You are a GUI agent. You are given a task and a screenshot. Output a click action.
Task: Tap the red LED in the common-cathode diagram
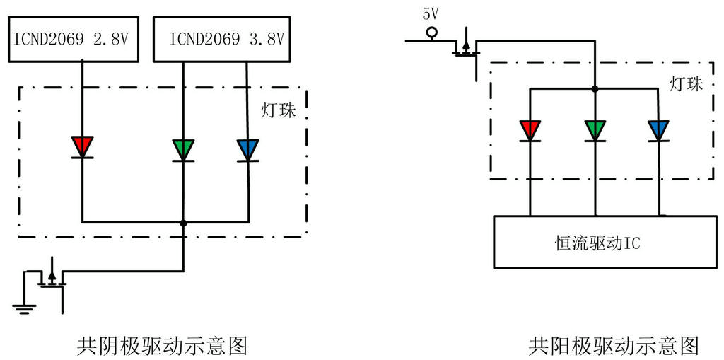[x=83, y=146]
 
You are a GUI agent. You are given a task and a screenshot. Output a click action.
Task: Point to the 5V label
[x=431, y=13]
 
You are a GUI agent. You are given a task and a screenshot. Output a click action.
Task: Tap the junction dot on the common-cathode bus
[x=183, y=223]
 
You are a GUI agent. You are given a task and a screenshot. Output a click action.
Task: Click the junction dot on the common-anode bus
[x=595, y=89]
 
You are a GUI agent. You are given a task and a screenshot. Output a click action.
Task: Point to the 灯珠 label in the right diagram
[x=687, y=84]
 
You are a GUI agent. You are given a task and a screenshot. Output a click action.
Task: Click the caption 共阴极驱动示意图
[x=162, y=346]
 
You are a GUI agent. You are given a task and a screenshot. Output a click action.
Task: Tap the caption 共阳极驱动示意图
[x=614, y=346]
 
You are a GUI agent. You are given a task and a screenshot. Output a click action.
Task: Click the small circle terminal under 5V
[x=431, y=32]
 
